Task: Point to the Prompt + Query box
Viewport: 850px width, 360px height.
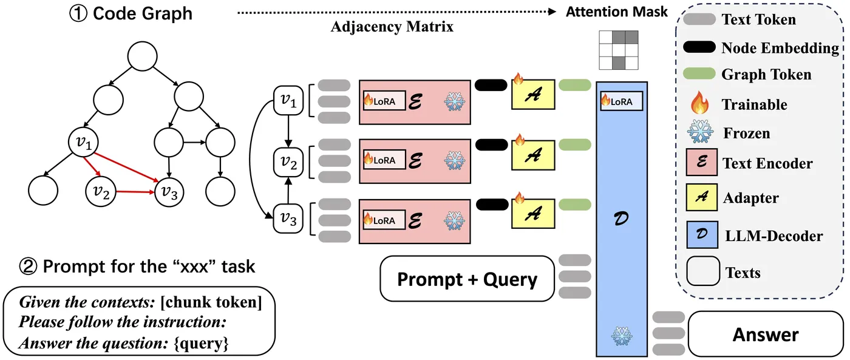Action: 467,279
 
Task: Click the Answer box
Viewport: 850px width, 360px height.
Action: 765,334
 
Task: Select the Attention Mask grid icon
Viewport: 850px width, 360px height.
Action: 617,50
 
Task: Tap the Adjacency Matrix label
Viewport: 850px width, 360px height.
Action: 392,27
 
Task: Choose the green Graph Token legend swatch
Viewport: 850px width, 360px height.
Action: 699,75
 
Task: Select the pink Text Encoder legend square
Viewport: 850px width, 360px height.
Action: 700,163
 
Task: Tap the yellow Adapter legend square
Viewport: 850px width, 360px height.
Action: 700,199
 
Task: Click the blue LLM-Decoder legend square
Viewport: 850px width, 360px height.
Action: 700,235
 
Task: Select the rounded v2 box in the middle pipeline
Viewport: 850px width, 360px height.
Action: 288,161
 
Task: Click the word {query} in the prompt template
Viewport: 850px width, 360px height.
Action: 200,344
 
